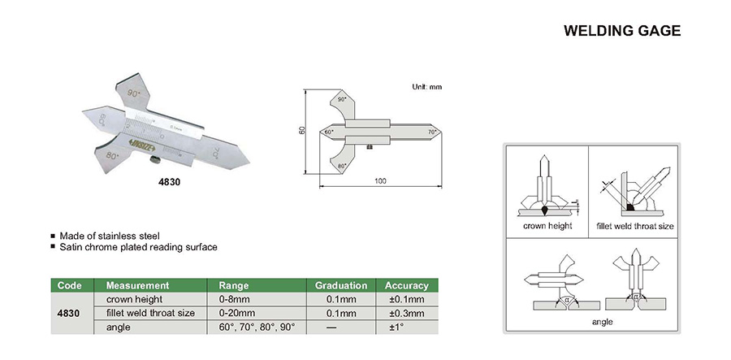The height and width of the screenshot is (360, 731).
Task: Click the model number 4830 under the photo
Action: point(169,183)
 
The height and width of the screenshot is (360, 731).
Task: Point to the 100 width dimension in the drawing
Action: point(380,180)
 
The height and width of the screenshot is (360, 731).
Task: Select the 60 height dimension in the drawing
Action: point(302,130)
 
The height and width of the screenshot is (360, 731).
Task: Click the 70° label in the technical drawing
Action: point(433,131)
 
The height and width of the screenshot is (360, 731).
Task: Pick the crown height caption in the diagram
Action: point(547,225)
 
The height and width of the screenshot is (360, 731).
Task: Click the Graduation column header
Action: point(341,286)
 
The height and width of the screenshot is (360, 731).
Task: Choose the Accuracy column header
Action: point(406,286)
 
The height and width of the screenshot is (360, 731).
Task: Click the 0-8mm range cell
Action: point(235,299)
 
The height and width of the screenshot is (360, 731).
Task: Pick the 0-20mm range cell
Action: point(237,313)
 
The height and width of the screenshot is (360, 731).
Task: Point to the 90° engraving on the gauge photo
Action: point(135,93)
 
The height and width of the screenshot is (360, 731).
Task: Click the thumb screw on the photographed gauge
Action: point(152,167)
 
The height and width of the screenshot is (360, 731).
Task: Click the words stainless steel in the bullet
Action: point(131,236)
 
